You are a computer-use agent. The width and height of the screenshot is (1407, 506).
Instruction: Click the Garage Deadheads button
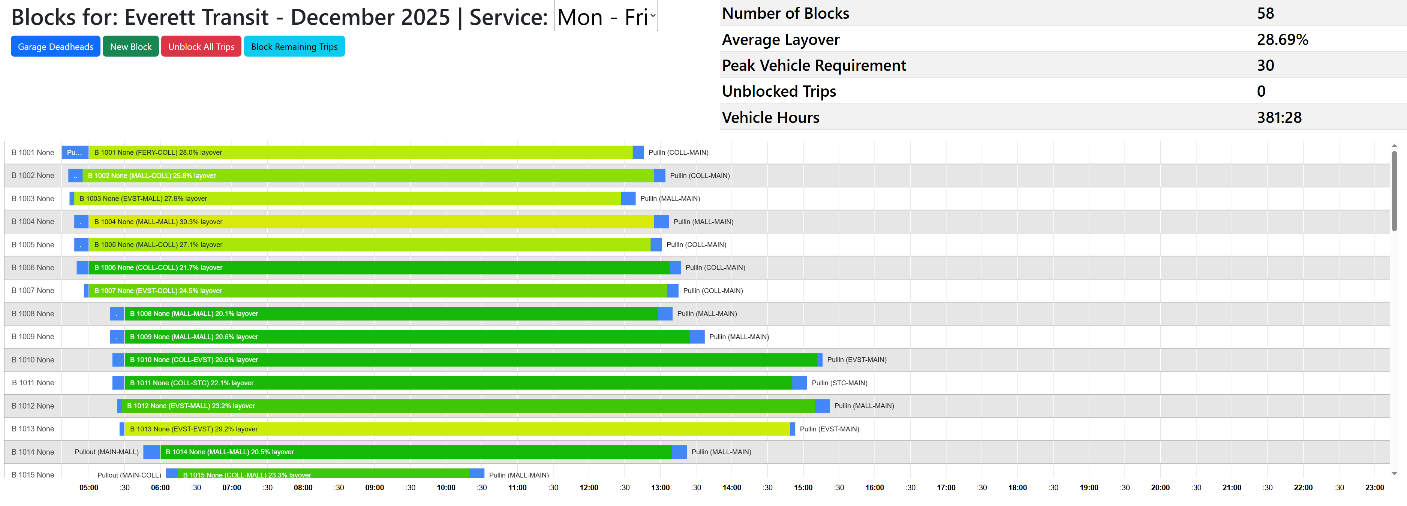[55, 46]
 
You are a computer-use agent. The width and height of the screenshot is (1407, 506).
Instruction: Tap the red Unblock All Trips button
[201, 46]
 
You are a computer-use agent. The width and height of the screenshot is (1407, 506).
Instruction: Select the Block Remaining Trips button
[294, 46]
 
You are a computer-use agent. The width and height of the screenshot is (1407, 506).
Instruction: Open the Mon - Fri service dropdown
[605, 17]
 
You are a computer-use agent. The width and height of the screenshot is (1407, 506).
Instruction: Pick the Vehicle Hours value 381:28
[1279, 117]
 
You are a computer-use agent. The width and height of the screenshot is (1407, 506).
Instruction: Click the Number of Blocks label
[785, 13]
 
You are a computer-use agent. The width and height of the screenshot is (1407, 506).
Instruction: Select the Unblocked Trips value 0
[1261, 91]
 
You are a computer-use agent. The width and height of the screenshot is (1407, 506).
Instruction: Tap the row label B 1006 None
[33, 268]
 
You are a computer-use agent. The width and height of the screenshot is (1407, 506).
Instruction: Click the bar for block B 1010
[470, 360]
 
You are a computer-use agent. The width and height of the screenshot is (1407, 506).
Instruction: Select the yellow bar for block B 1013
[459, 429]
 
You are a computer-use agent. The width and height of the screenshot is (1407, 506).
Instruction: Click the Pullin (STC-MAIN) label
[839, 383]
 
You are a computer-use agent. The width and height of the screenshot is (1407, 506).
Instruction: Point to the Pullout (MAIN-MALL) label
[106, 452]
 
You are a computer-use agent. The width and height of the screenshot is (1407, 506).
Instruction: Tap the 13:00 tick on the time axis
[660, 487]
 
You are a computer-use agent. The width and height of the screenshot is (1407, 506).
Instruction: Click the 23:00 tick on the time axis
[1374, 487]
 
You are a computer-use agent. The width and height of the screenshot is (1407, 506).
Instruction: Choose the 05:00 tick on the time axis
[88, 487]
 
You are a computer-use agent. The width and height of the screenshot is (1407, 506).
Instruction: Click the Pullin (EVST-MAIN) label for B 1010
[856, 360]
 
